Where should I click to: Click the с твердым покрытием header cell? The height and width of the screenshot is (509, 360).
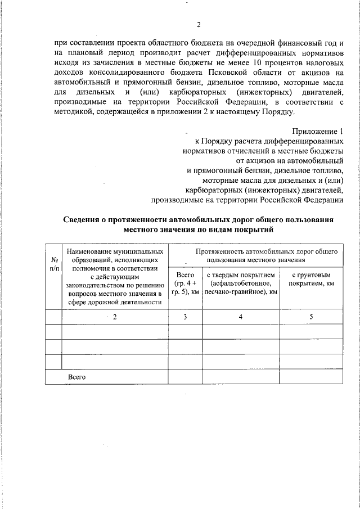coord(241,283)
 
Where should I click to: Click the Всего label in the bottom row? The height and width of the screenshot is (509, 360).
coord(76,376)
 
